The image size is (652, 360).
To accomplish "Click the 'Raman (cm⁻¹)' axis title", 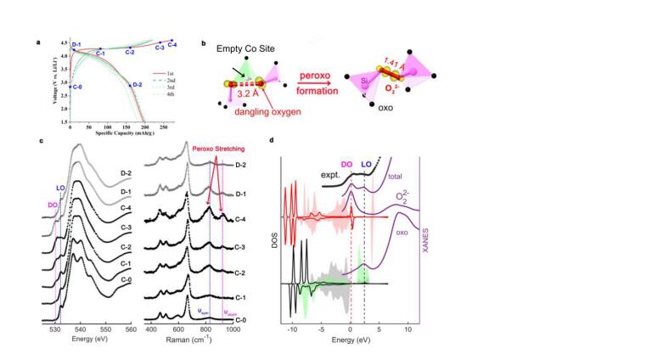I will [x=188, y=337].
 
